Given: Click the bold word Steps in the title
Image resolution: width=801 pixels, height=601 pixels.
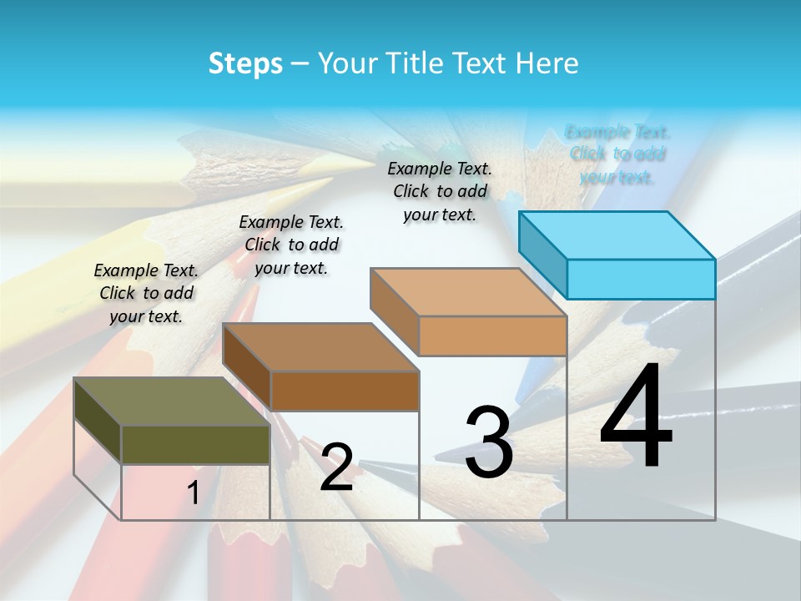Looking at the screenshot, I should [x=245, y=63].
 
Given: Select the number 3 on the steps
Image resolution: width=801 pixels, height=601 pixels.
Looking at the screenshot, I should [x=488, y=442].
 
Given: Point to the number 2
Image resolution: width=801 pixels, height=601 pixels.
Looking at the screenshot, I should [x=336, y=467].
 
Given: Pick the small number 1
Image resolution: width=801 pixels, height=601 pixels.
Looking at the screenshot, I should [x=194, y=493].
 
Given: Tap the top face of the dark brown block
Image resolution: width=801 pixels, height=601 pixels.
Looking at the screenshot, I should [x=320, y=347].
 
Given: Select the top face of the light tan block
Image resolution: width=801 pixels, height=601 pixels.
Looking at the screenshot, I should [x=468, y=292].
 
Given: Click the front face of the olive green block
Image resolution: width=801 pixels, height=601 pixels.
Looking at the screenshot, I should [x=195, y=444].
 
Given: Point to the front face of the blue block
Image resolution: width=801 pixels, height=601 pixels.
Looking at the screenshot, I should [x=641, y=279].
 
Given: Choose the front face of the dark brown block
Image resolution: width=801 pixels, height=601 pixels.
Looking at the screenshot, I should [x=344, y=391].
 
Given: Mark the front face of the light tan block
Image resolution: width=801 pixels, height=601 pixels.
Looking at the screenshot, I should [x=492, y=336].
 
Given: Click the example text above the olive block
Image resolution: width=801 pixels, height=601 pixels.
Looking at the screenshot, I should [x=146, y=294].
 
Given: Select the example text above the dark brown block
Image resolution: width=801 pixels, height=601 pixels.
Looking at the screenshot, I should [x=291, y=245].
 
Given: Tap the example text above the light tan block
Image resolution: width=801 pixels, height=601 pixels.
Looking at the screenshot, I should [x=440, y=191].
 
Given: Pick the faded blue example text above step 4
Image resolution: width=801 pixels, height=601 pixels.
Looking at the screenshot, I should [x=617, y=154].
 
